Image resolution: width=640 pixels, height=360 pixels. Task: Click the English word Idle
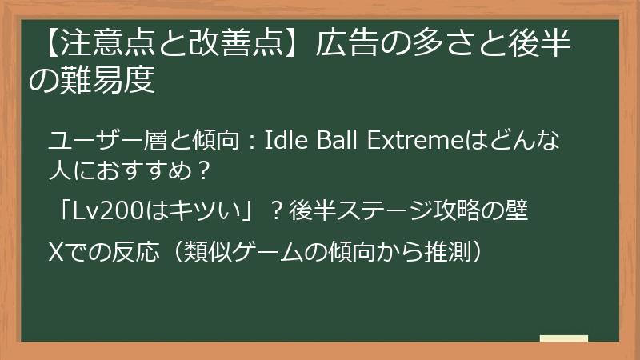[x=282, y=141]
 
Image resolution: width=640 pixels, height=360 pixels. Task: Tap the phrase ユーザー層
[x=97, y=141]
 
